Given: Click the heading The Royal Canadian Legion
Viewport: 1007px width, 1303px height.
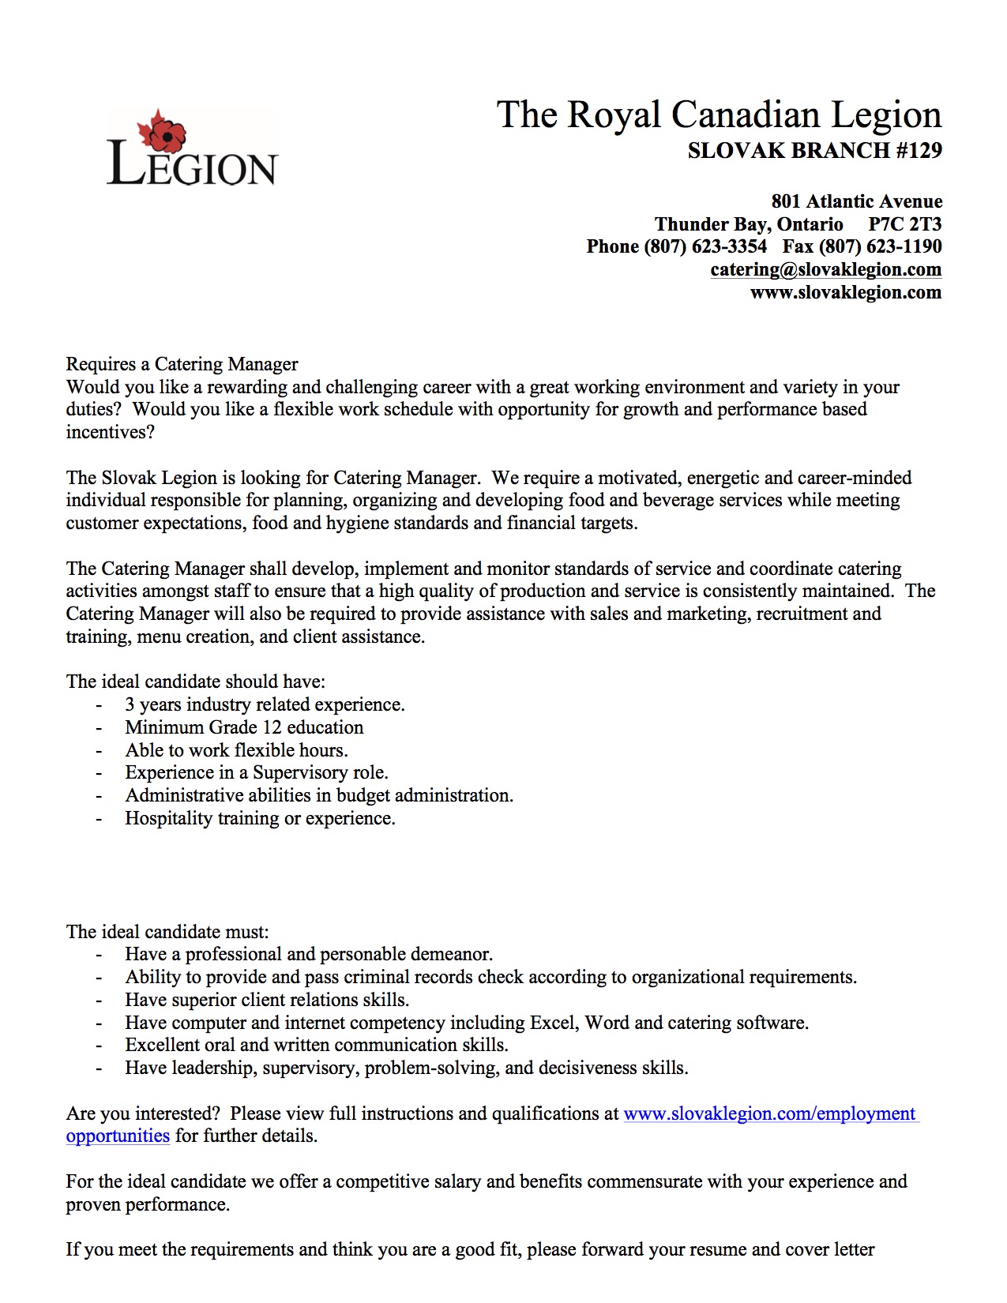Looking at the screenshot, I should tap(719, 115).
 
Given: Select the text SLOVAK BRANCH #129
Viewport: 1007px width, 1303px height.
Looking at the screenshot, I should tap(814, 150).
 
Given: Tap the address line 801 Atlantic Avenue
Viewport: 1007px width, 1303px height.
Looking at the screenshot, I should tap(856, 201).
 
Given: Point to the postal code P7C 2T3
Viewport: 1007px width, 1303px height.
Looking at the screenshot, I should tap(904, 224).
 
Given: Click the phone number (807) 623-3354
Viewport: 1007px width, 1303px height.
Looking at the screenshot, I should tap(705, 246).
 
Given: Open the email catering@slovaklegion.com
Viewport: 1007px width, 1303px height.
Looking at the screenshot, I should tap(825, 269).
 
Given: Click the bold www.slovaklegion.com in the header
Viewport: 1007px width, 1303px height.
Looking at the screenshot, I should tap(845, 292).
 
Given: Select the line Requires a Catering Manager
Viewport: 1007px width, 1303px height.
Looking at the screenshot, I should tap(182, 364).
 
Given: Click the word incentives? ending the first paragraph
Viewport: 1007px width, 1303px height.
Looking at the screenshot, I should tap(111, 432).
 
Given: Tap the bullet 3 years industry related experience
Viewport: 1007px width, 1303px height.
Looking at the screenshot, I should tap(265, 704).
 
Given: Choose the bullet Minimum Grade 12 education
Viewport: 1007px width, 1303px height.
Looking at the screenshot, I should tap(244, 727).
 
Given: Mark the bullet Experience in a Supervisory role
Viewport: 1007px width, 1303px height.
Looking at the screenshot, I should tap(256, 772).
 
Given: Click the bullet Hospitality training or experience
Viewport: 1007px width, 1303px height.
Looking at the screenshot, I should tap(260, 818).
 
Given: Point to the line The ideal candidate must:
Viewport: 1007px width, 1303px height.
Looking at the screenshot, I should tap(167, 932).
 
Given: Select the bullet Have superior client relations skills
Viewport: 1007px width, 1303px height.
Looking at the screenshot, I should tap(267, 1000).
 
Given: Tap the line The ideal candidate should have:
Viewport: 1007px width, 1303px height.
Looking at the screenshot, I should tap(195, 682).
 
